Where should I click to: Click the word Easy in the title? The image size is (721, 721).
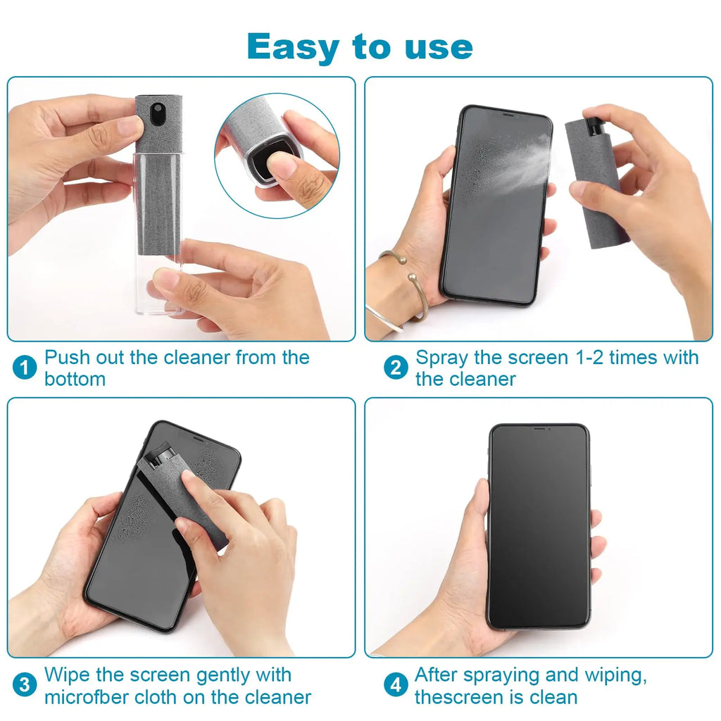tap(295, 48)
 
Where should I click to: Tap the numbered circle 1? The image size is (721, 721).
tap(25, 368)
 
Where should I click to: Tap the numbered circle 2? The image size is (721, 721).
tap(396, 368)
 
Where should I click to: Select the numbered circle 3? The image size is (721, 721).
tap(25, 685)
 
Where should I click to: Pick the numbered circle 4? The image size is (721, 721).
tap(396, 685)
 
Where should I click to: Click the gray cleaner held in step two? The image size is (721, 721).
tap(595, 183)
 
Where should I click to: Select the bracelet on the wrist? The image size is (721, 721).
tap(404, 289)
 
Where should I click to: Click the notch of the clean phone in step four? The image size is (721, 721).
tap(539, 428)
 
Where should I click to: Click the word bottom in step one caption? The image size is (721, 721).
tap(75, 379)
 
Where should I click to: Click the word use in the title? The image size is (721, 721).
tap(439, 48)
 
